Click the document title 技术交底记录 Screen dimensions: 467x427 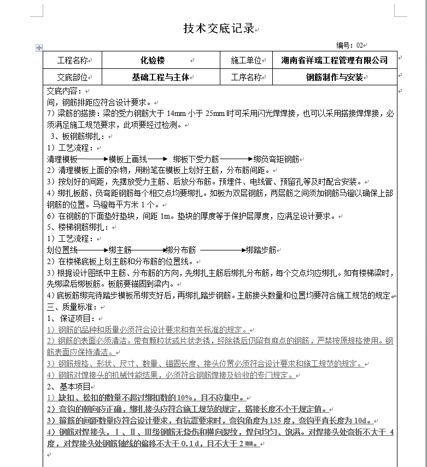click(219, 29)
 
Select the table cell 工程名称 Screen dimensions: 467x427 click(73, 60)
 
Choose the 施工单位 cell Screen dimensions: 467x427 click(246, 60)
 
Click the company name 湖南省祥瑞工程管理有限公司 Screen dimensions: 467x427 click(334, 60)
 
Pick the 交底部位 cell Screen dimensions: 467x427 click(72, 77)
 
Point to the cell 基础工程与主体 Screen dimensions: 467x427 click(161, 77)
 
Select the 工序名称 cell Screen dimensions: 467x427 click(246, 77)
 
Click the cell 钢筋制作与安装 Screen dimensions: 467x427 click(334, 77)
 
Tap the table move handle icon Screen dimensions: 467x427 click(39, 48)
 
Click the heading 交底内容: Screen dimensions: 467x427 click(64, 91)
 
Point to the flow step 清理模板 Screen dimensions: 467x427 click(62, 159)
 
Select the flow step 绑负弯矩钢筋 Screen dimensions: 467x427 click(276, 159)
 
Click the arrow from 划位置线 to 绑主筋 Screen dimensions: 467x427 click(92, 250)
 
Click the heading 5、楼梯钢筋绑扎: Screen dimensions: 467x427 click(78, 227)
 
